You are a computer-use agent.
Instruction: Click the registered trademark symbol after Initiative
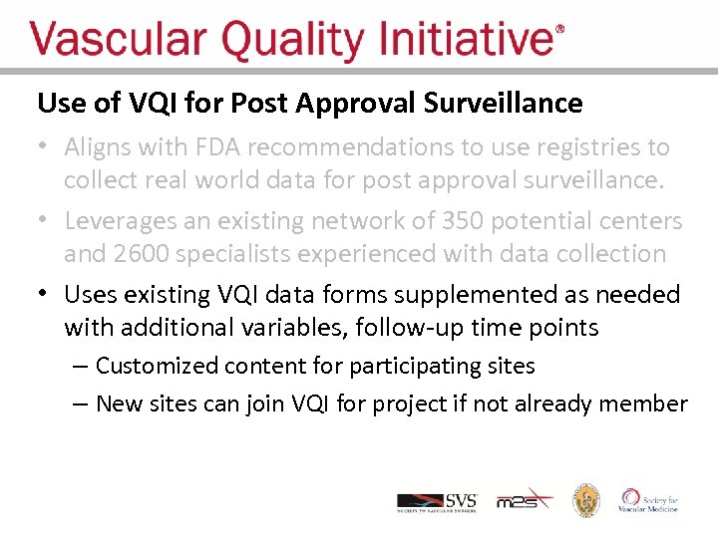point(559,30)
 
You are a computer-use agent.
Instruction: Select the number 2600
point(142,254)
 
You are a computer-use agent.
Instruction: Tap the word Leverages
point(124,220)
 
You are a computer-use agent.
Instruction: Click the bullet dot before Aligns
point(43,147)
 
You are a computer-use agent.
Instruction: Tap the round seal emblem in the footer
point(585,500)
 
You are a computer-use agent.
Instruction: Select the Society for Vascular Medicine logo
point(649,500)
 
